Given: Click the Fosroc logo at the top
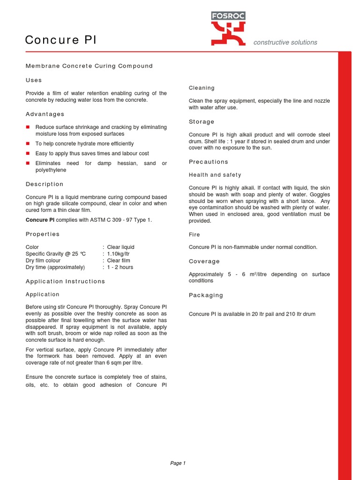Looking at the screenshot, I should click(228, 29).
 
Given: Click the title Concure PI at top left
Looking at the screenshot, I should click(60, 40).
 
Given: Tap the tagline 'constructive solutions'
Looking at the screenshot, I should click(285, 43).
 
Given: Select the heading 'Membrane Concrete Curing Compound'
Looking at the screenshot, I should click(89, 66).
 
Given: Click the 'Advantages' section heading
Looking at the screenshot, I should click(45, 114).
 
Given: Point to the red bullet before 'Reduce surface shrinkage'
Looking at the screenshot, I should click(28, 127).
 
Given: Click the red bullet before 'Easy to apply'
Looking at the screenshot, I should click(28, 154).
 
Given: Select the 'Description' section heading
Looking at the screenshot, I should click(45, 184).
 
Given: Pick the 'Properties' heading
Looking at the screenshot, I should click(43, 234).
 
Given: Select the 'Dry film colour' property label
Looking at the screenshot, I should click(43, 261).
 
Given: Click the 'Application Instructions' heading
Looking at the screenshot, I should click(65, 282).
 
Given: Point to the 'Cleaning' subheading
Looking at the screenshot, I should click(202, 88).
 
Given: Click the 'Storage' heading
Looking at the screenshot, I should click(202, 122).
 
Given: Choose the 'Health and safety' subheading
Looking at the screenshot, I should click(215, 175).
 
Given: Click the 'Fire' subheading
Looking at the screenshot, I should click(194, 235).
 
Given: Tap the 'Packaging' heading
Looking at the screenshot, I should click(206, 295).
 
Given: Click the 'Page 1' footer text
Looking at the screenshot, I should click(178, 464).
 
